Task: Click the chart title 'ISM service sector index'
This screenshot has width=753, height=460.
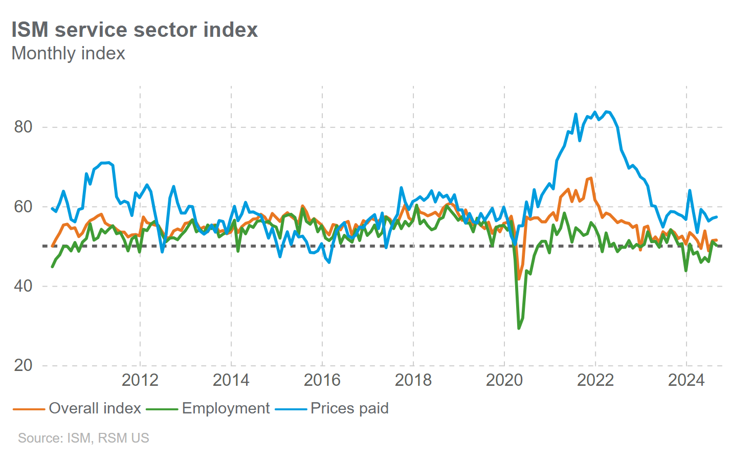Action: [135, 30]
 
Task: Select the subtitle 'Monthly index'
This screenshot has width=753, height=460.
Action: [68, 53]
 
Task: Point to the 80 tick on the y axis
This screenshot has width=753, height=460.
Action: [24, 127]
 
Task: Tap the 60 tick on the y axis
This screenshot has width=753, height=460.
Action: [24, 207]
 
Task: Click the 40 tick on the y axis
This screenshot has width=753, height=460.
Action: [24, 286]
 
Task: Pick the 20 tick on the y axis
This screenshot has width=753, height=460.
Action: [24, 365]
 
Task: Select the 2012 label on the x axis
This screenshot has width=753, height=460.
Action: [140, 380]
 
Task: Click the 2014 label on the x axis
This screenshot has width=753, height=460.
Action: [231, 380]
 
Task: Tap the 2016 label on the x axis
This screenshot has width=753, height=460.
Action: [322, 380]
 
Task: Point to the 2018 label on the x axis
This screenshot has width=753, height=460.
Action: [413, 380]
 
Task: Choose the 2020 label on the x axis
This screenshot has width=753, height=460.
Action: [504, 380]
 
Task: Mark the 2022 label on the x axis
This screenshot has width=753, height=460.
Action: [595, 380]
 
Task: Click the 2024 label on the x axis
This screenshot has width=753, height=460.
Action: [686, 380]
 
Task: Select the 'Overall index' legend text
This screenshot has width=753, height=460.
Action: [95, 408]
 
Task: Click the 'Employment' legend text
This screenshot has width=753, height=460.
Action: [226, 408]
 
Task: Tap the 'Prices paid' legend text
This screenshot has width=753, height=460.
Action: [349, 408]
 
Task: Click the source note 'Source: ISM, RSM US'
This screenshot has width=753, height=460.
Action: [83, 438]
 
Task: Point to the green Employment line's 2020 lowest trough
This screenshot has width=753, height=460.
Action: [519, 328]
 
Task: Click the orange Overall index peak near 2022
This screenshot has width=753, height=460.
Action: [591, 178]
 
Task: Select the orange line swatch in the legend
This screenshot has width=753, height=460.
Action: [29, 409]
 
